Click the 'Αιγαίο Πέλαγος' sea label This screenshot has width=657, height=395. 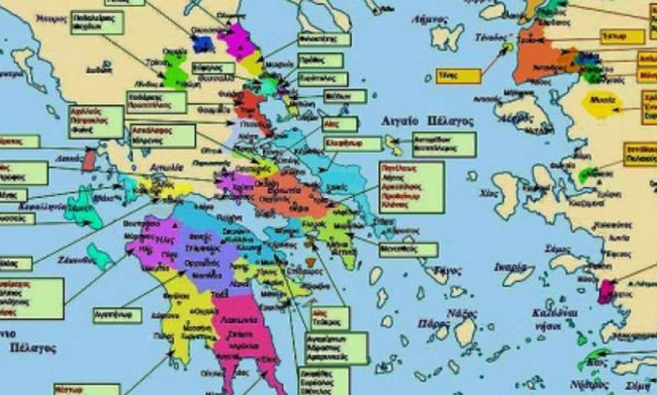(428, 121)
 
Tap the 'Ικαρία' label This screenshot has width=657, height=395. (508, 266)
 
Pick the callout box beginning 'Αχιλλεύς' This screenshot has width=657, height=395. (96, 121)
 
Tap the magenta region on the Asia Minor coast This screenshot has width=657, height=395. (606, 292)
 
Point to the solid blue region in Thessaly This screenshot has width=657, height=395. (203, 43)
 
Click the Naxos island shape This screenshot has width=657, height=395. (466, 331)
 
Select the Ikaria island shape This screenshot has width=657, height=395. (519, 275)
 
